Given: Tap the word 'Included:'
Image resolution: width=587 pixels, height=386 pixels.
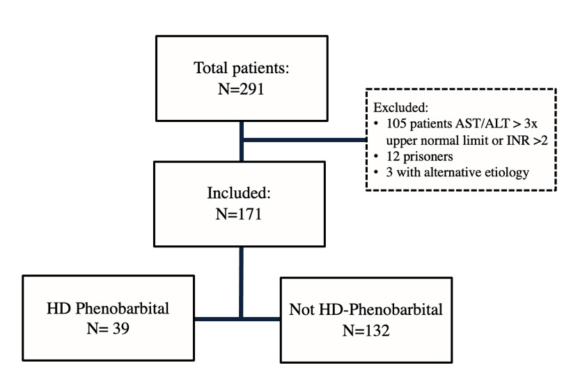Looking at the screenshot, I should click(240, 192).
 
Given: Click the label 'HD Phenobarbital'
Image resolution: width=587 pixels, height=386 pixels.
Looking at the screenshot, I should click(108, 308).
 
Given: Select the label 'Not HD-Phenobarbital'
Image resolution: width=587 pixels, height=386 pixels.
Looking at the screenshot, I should click(366, 310).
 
